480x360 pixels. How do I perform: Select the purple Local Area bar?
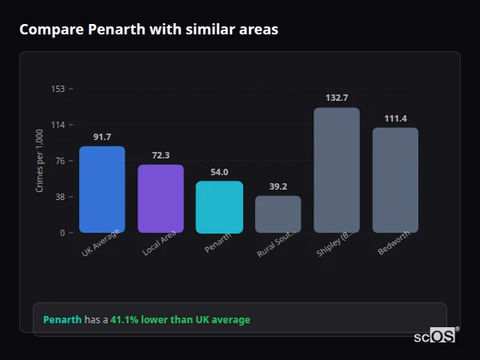click(x=161, y=198)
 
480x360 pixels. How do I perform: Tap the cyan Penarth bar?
click(x=219, y=206)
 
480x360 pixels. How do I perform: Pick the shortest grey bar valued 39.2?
click(x=278, y=214)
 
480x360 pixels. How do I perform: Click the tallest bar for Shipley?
click(x=336, y=170)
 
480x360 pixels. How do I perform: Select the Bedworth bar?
click(x=395, y=180)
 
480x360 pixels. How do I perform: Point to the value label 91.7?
click(x=102, y=137)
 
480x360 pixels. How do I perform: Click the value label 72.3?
click(x=161, y=155)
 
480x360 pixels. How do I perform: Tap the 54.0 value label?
click(x=219, y=172)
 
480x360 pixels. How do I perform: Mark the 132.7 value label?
click(x=336, y=98)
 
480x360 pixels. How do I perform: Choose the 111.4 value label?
click(x=395, y=118)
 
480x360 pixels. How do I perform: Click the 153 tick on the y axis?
click(x=58, y=89)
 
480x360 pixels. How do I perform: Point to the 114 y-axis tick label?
click(x=58, y=125)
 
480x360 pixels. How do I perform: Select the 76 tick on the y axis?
click(x=60, y=161)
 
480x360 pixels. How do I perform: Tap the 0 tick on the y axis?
click(x=62, y=233)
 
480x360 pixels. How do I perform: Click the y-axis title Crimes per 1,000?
click(x=39, y=161)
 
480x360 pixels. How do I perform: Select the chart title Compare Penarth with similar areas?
click(x=149, y=30)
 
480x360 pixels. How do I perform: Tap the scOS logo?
click(x=435, y=337)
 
